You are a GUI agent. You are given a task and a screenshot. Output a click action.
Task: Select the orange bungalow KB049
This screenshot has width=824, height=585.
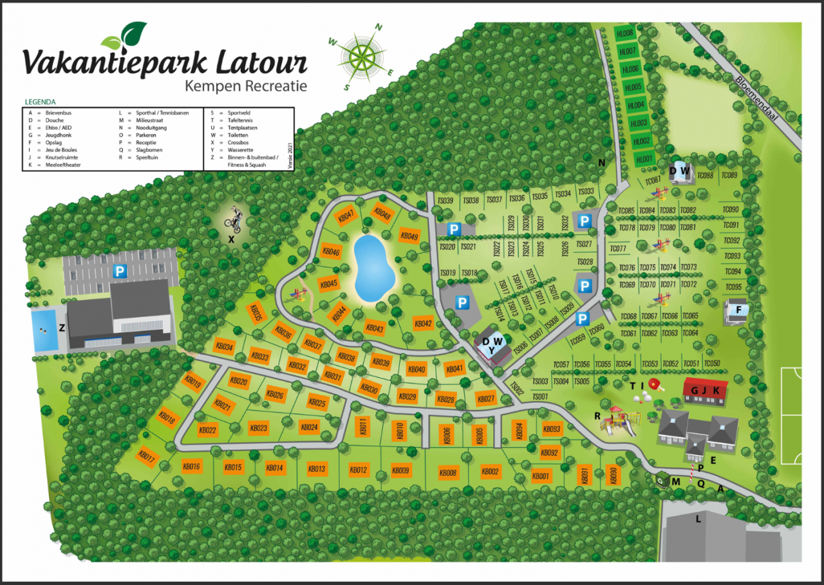coord(409,236)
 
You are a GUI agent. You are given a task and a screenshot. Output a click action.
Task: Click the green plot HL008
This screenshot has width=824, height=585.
coord(626,33)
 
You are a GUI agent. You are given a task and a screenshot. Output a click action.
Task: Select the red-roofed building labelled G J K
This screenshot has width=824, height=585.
coord(705,391)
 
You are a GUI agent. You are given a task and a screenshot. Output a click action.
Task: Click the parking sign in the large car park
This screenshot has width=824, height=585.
coord(119,272)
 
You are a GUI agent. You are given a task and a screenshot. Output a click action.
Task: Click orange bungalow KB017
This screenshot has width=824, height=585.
coord(147,458)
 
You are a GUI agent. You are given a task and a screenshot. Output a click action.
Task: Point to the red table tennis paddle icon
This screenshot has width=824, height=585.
coord(657,385)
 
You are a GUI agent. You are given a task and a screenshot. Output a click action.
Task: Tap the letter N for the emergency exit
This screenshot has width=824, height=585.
coord(602,163)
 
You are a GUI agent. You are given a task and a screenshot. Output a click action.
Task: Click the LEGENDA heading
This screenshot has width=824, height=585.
coord(40,102)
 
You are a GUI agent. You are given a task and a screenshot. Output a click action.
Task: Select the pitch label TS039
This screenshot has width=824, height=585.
coord(445,201)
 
